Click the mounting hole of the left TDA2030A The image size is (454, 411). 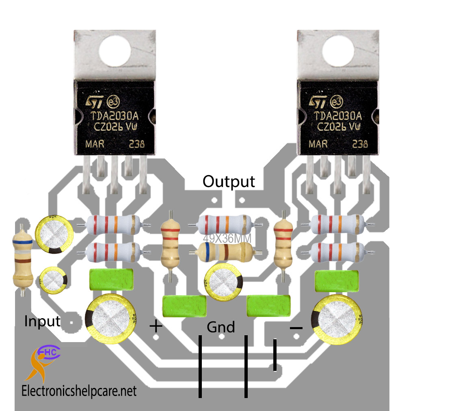pyautogui.click(x=115, y=51)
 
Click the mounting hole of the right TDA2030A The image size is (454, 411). pyautogui.click(x=338, y=51)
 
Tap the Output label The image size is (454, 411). pyautogui.click(x=229, y=182)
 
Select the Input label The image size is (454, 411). pyautogui.click(x=42, y=321)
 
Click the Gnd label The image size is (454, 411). pyautogui.click(x=221, y=327)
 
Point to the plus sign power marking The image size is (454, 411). pyautogui.click(x=156, y=326)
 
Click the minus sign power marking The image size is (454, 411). pyautogui.click(x=296, y=328)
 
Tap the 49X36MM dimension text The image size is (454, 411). pyautogui.click(x=227, y=238)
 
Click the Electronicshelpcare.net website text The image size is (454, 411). pyautogui.click(x=79, y=391)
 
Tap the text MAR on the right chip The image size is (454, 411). pyautogui.click(x=318, y=143)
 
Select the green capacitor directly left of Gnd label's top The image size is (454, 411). pyautogui.click(x=184, y=306)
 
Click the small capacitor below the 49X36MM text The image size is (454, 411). pyautogui.click(x=223, y=282)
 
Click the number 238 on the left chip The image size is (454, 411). pyautogui.click(x=137, y=143)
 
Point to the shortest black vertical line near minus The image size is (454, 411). pyautogui.click(x=275, y=355)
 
